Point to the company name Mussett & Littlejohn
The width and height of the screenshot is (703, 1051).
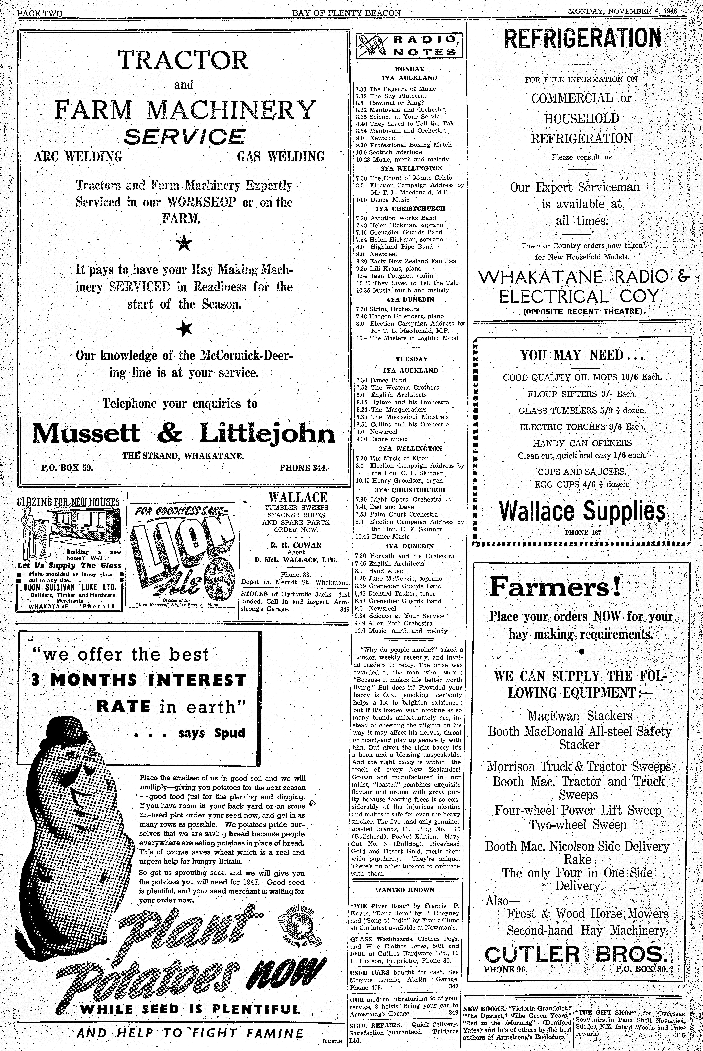coord(184,433)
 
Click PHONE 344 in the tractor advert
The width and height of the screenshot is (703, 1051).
coord(304,468)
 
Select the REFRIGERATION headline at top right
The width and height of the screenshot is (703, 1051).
coord(582,39)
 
